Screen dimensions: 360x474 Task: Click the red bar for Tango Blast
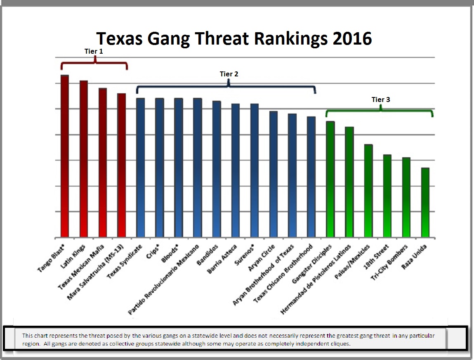click(64, 157)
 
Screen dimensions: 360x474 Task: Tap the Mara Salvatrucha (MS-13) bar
click(121, 166)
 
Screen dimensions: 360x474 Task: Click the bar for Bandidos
click(217, 169)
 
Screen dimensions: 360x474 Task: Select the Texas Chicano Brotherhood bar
click(311, 177)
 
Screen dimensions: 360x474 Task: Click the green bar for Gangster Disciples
click(330, 180)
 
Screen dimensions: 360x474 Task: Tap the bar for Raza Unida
click(425, 203)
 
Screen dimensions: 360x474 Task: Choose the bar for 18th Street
click(387, 196)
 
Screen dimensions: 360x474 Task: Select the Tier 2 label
click(229, 74)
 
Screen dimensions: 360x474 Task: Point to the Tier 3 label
click(380, 99)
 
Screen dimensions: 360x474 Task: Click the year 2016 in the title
click(351, 38)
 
